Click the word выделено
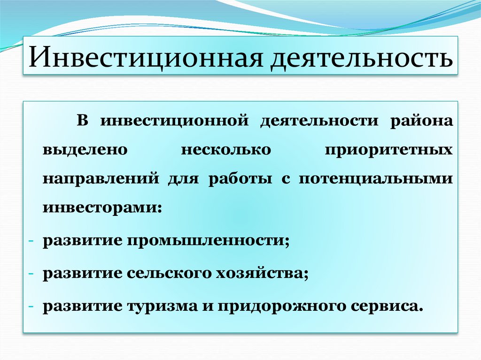85,150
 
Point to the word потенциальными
376,180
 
